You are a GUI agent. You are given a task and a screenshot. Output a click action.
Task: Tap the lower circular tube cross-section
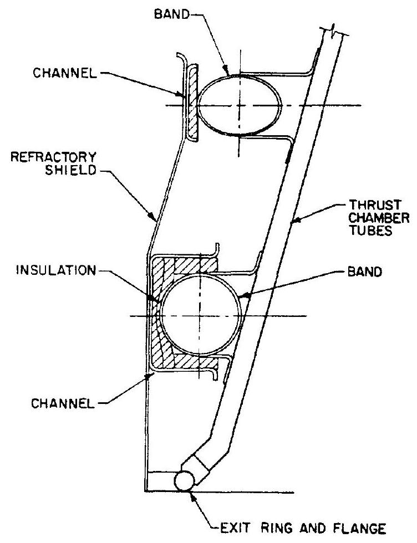[199, 315]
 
